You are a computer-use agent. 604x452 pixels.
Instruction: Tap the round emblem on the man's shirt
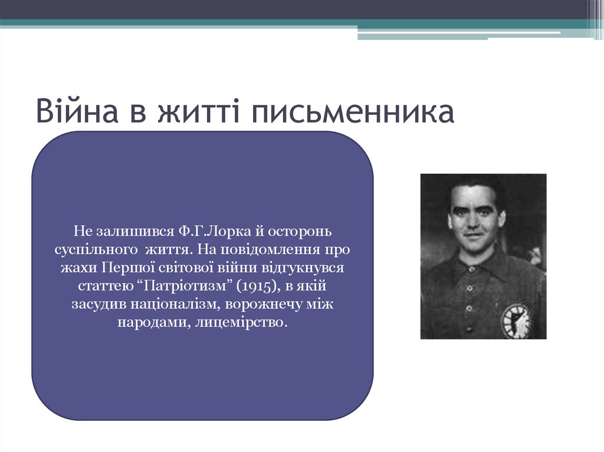pyautogui.click(x=515, y=319)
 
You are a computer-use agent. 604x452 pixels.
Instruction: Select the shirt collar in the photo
pyautogui.click(x=472, y=262)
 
